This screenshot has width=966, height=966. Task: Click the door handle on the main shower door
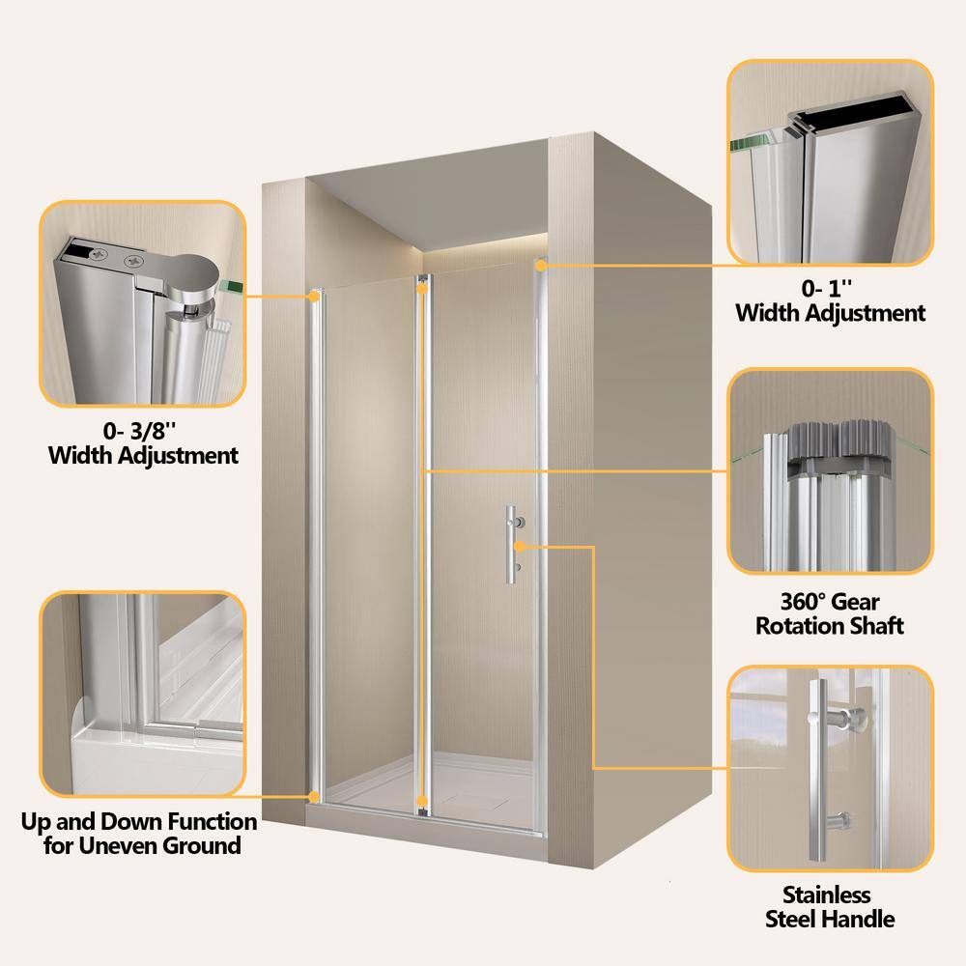[511, 545]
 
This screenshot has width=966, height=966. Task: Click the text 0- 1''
[827, 288]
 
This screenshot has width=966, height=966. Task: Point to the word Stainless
[827, 894]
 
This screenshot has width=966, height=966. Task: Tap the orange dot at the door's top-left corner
[314, 297]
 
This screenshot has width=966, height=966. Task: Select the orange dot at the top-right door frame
[541, 266]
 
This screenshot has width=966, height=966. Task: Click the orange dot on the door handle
[520, 546]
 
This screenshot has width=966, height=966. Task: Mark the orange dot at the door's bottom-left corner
[314, 797]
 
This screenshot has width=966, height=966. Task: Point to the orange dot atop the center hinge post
[422, 288]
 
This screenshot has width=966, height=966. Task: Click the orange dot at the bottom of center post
[422, 802]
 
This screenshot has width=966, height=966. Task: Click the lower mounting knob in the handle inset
[839, 822]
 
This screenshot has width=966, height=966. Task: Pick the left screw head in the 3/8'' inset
[98, 253]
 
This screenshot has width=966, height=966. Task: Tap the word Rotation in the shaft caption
[797, 625]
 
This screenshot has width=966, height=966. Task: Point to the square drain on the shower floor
[475, 799]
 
